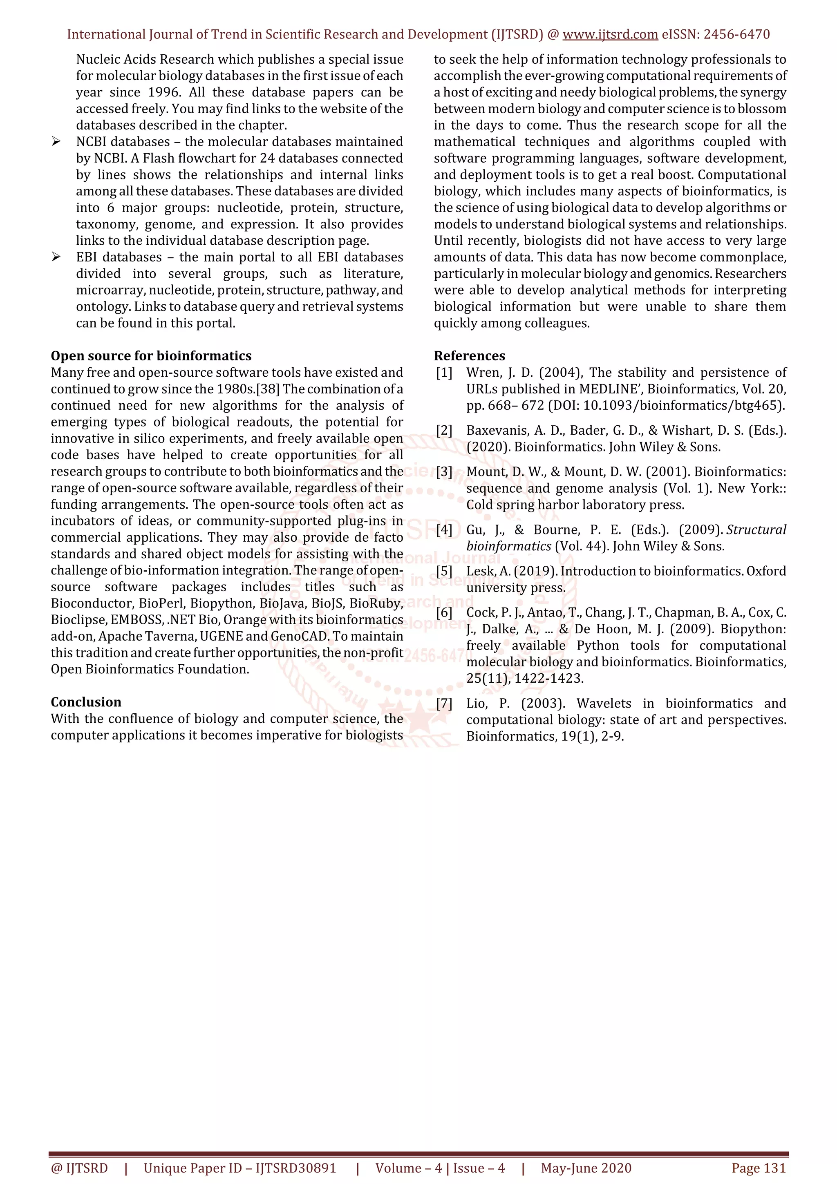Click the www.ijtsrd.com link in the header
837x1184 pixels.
tap(610, 35)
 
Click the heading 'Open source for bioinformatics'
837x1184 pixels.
tap(151, 356)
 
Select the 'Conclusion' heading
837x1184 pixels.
tap(86, 702)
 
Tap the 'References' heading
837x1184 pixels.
tap(469, 356)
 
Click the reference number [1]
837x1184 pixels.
tap(444, 372)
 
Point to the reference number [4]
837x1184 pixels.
tap(444, 529)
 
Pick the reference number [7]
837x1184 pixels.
tap(444, 704)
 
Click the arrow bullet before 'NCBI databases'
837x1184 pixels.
tap(56, 142)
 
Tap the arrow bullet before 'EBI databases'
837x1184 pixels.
tap(56, 257)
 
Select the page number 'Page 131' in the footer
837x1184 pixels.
tap(758, 1168)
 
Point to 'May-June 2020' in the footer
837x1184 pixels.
tap(586, 1168)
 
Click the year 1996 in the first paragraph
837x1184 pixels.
tap(164, 92)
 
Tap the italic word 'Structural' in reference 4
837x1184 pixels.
tap(756, 529)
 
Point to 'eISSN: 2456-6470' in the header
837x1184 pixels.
tap(716, 35)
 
